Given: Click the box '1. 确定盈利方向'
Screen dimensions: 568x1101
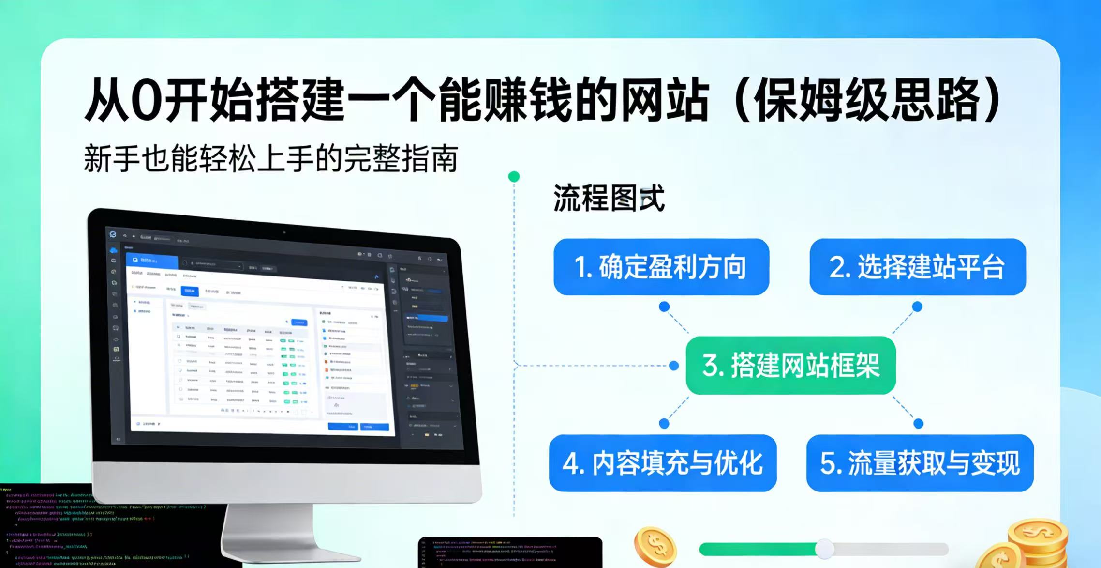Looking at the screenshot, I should pos(661,267).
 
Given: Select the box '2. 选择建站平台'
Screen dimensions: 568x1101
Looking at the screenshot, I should pos(917,267).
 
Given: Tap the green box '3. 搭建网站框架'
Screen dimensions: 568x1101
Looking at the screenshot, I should pos(790,365).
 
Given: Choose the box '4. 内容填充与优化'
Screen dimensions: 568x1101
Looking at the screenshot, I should pos(663,463).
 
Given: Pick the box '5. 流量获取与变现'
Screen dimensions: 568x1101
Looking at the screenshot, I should pos(920,463).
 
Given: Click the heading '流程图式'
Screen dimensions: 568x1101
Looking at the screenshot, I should pos(609,198).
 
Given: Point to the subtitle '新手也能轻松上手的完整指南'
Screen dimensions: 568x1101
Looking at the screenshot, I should pos(271,158).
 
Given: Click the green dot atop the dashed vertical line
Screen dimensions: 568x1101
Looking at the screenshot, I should pos(514,177).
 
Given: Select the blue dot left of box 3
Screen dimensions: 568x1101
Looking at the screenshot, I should pos(674,366).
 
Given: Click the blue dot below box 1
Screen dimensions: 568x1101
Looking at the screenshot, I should pos(664,307).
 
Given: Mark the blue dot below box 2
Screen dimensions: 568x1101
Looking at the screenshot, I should pos(917,307).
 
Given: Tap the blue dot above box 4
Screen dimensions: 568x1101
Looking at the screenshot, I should pos(664,424).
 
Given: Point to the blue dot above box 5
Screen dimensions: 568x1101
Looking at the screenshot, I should pos(919,424).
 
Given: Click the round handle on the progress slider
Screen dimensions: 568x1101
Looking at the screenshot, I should pos(824,549).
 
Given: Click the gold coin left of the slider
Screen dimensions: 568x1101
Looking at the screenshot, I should pos(655,546).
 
